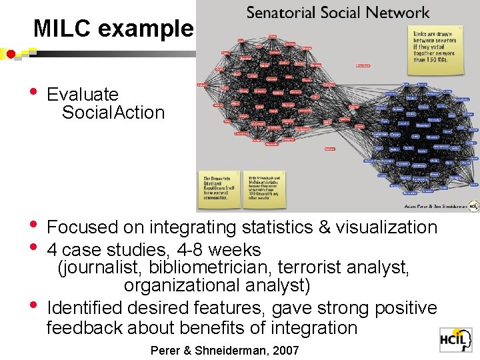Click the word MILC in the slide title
pos(59,28)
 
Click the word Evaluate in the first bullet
pos(82,95)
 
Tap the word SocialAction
pos(113,113)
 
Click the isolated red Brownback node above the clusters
pos(363,65)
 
